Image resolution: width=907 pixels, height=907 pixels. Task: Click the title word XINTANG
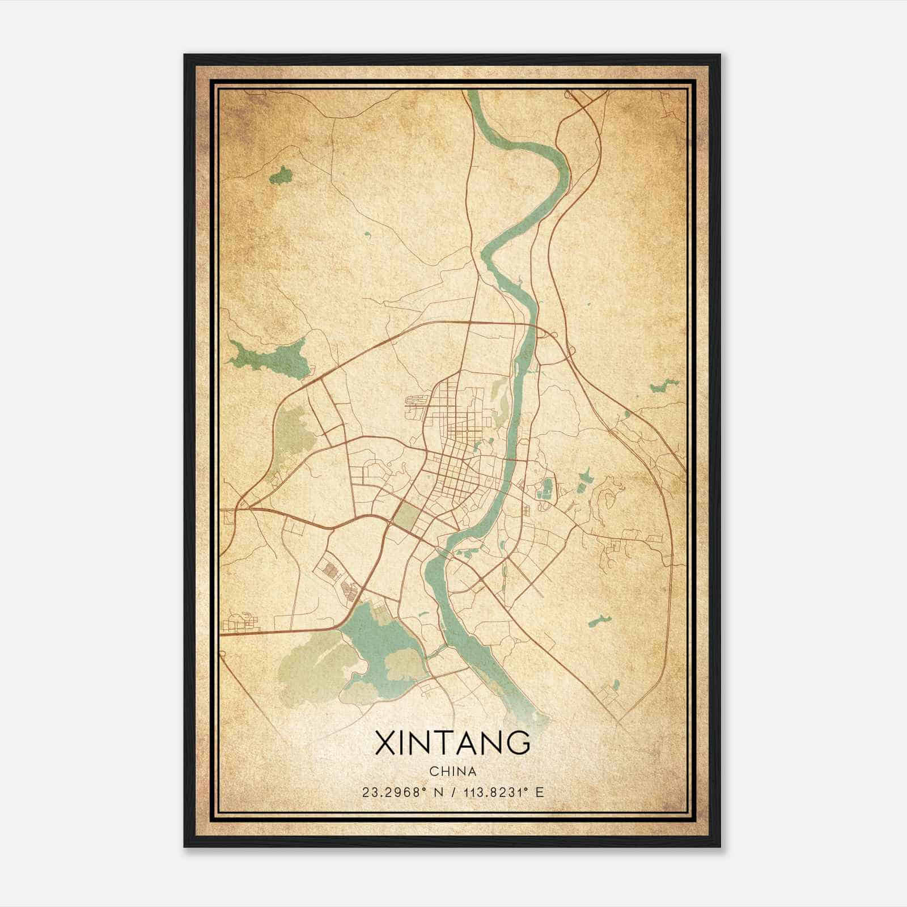click(452, 743)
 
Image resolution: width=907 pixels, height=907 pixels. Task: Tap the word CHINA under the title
click(452, 772)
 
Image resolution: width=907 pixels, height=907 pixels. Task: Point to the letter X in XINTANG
click(385, 743)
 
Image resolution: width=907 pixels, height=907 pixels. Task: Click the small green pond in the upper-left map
click(281, 177)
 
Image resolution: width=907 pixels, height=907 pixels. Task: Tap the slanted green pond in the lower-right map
click(598, 621)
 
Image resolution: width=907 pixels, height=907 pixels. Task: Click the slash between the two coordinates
click(452, 792)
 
